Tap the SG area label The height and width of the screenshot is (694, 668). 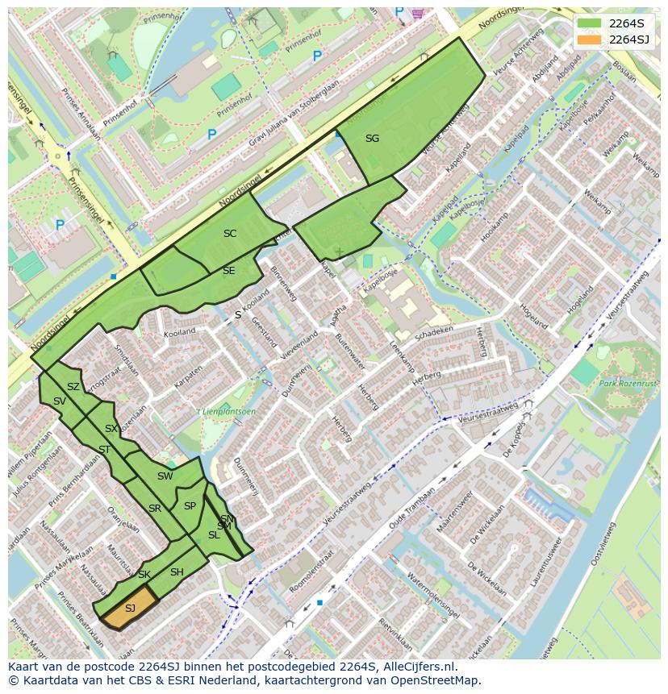click(x=372, y=139)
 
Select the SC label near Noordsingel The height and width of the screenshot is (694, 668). click(x=230, y=234)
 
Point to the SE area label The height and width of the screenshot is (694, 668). click(x=229, y=271)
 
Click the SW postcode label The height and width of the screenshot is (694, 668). click(x=165, y=476)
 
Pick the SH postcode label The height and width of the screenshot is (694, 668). click(x=177, y=572)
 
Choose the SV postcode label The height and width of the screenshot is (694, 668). click(x=60, y=401)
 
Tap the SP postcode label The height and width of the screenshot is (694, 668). click(x=190, y=506)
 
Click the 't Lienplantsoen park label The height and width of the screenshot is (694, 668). click(x=227, y=412)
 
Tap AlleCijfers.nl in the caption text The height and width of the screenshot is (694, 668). click(x=417, y=667)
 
